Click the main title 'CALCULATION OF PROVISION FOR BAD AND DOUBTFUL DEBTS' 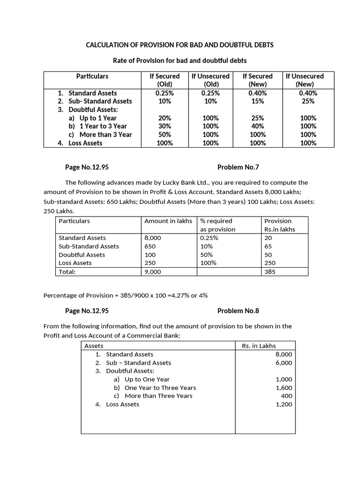tap(180, 45)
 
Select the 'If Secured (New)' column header tap(257, 80)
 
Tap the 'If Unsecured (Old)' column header tap(211, 80)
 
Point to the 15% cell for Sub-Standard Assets tap(257, 101)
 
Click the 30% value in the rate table tap(165, 126)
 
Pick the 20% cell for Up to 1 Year tap(165, 118)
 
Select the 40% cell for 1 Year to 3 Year tap(257, 126)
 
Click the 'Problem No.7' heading tap(238, 167)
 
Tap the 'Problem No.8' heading tap(238, 311)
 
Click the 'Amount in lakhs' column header tap(168, 221)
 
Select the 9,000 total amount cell tap(153, 271)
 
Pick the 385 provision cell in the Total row tap(270, 271)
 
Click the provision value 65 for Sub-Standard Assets tap(268, 246)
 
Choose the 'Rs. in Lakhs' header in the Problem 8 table tap(259, 346)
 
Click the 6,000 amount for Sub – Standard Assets tap(284, 363)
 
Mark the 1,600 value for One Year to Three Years tap(284, 388)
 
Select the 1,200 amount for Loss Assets tap(284, 404)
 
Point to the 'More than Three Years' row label tap(158, 396)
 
